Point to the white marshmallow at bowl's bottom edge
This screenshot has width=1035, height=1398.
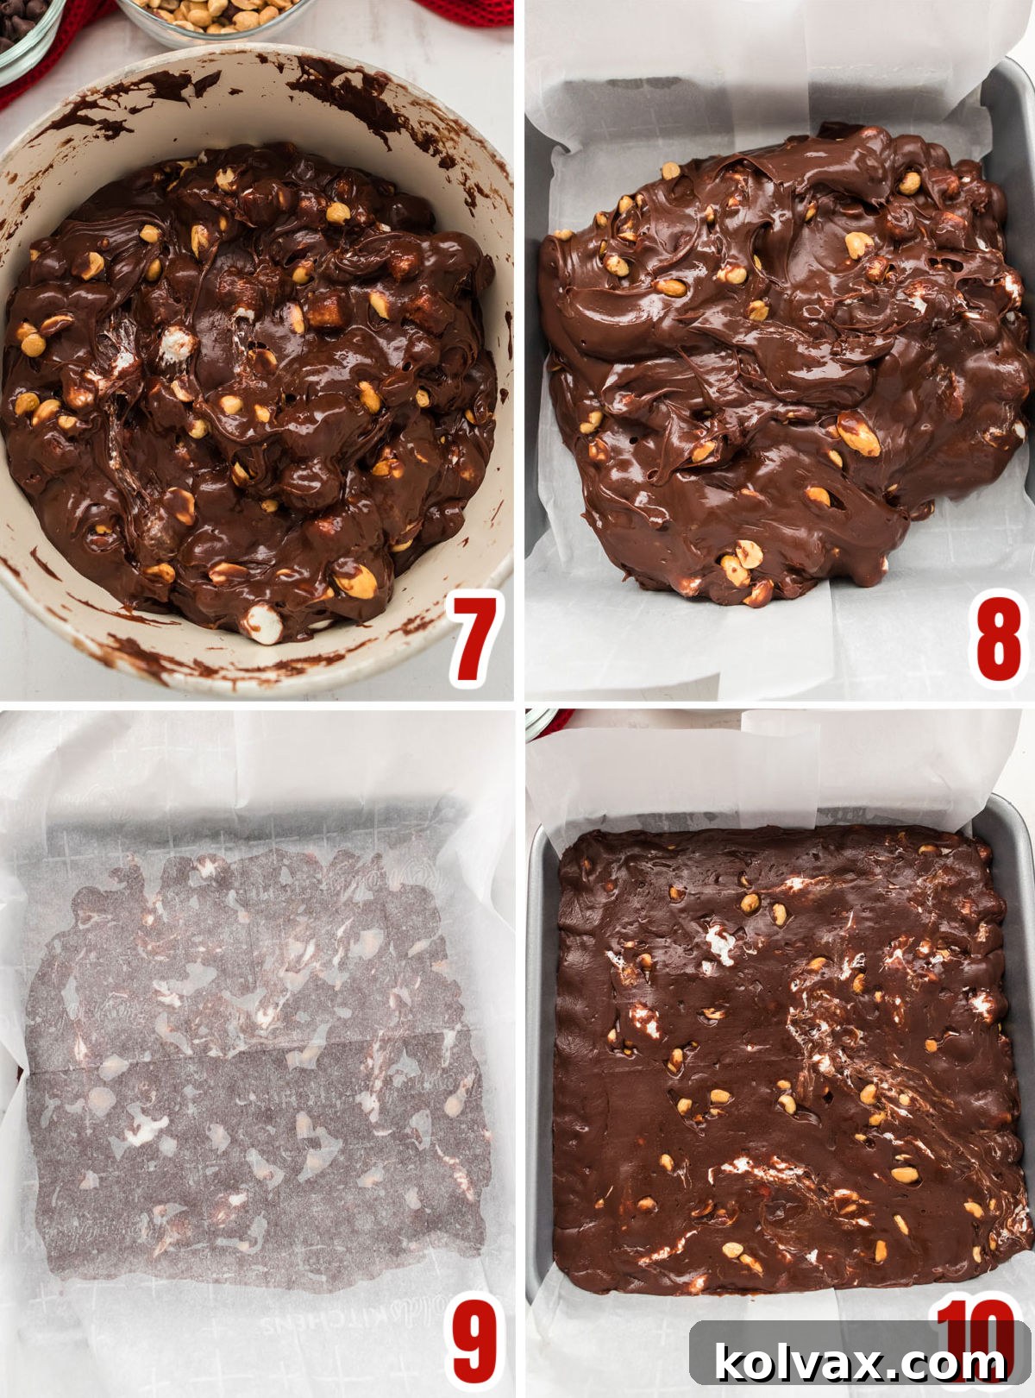coord(261,623)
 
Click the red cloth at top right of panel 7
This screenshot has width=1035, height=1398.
coord(466,10)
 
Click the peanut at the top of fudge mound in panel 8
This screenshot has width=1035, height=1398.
coord(670,170)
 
